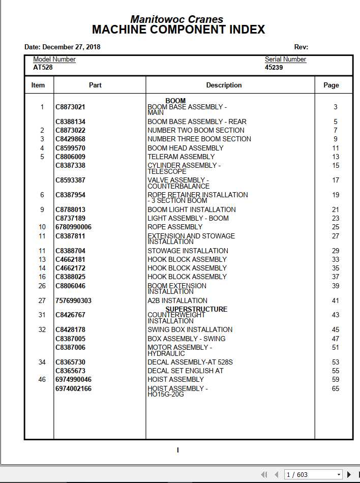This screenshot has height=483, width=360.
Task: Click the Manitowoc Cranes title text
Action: [176, 19]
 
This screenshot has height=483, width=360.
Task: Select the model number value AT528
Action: [43, 67]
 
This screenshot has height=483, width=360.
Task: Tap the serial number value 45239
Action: [274, 67]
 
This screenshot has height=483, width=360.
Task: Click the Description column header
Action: [224, 85]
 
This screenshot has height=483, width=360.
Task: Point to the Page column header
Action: [331, 85]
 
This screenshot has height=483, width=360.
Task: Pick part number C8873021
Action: [70, 107]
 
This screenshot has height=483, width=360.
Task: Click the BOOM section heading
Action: [175, 101]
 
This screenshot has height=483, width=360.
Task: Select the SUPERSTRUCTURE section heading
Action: [196, 309]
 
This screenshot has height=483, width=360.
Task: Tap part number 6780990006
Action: [73, 227]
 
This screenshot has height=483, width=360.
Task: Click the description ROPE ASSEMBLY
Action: [175, 227]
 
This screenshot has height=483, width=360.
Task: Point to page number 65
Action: [336, 389]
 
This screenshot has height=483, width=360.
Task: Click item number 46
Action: [42, 380]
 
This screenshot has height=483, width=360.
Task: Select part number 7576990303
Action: [73, 301]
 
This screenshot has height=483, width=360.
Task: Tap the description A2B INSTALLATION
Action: [177, 301]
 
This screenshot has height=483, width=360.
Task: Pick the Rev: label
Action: [301, 47]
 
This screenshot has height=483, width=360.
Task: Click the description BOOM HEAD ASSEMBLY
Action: [185, 148]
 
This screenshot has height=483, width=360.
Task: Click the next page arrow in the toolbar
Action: [349, 475]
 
